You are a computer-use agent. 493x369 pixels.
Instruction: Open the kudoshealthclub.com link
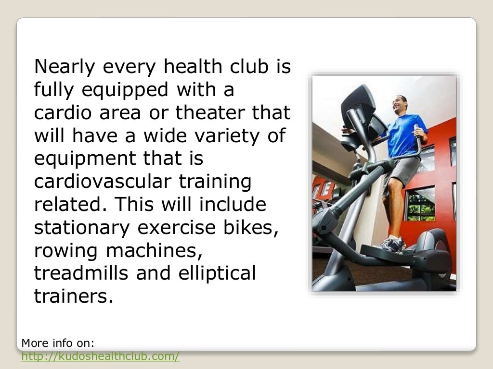(101, 356)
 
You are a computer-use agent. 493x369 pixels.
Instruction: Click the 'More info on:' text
(58, 343)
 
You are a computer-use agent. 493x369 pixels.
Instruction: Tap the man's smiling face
(399, 103)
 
